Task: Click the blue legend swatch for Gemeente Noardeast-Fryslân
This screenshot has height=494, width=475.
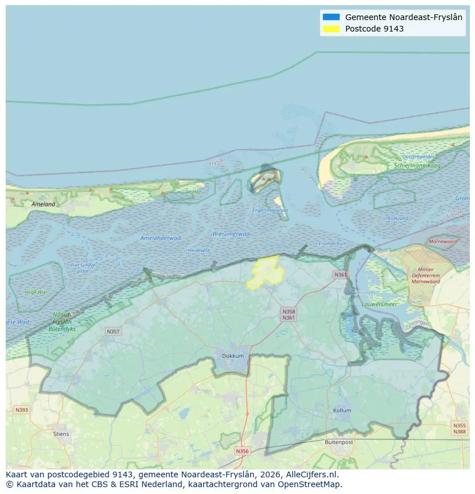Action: (331, 17)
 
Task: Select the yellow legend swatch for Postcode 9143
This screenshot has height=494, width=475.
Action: (331, 29)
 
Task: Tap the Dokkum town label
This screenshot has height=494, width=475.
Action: (233, 356)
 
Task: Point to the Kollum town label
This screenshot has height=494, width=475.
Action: (342, 411)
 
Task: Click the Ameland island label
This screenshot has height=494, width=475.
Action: (44, 204)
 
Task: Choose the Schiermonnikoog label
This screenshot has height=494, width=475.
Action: (417, 165)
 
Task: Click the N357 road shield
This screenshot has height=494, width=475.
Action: (113, 332)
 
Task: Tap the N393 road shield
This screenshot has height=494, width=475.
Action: (21, 410)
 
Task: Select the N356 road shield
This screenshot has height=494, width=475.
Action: (243, 451)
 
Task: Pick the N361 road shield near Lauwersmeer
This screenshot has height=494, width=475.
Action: (341, 275)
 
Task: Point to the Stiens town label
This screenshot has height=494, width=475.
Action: (61, 434)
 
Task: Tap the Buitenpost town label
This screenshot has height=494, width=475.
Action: (338, 442)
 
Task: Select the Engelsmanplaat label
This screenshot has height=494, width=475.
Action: (270, 210)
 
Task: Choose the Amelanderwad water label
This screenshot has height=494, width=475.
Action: (161, 238)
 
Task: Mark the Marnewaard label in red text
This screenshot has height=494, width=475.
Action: (443, 242)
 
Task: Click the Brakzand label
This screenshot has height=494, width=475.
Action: (398, 218)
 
